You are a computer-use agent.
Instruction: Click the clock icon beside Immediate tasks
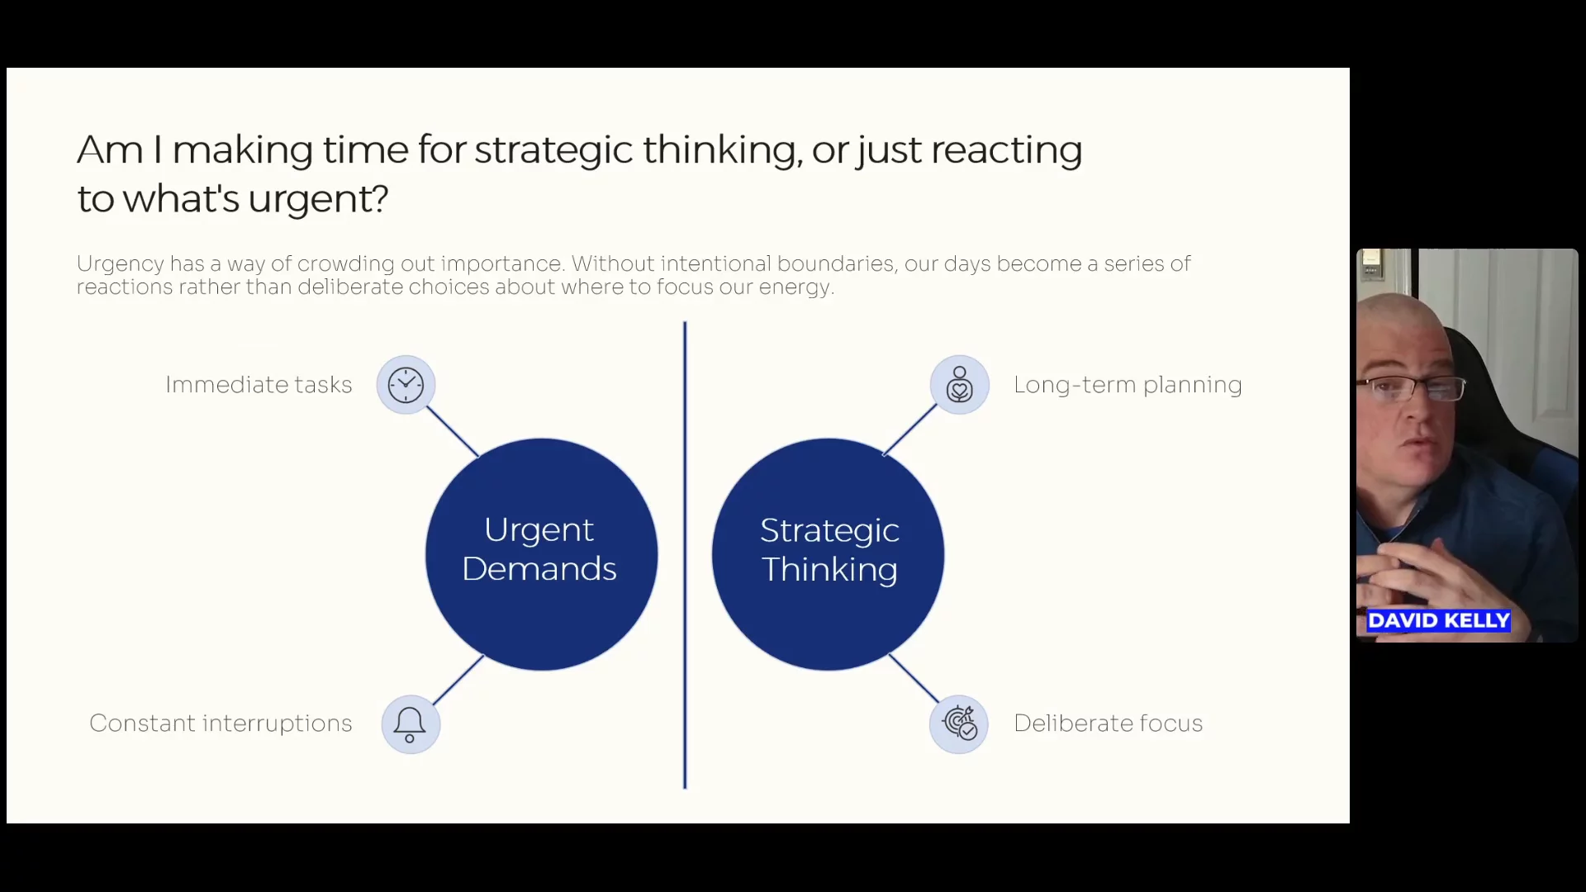tap(406, 385)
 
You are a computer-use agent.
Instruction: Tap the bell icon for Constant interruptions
tap(410, 724)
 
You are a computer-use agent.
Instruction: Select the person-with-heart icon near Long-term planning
tap(959, 385)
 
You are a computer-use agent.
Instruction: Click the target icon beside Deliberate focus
tap(959, 724)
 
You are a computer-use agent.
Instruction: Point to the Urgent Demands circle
tap(541, 554)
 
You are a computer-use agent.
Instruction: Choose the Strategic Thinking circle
tap(828, 554)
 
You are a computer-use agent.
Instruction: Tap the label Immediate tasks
tap(259, 385)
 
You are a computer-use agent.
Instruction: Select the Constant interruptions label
tap(221, 724)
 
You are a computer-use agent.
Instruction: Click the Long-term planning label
tap(1128, 385)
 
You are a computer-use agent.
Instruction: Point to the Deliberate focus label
tap(1108, 724)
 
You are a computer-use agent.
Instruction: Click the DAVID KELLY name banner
tap(1438, 621)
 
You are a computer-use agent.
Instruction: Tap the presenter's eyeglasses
tap(1412, 388)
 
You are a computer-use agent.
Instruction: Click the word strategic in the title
tap(553, 150)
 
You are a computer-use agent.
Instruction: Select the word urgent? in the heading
tap(318, 199)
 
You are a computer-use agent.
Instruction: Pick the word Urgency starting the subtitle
tap(120, 264)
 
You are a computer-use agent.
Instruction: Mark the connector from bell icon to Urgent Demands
tap(458, 680)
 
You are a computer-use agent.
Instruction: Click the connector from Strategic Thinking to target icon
tap(913, 677)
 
